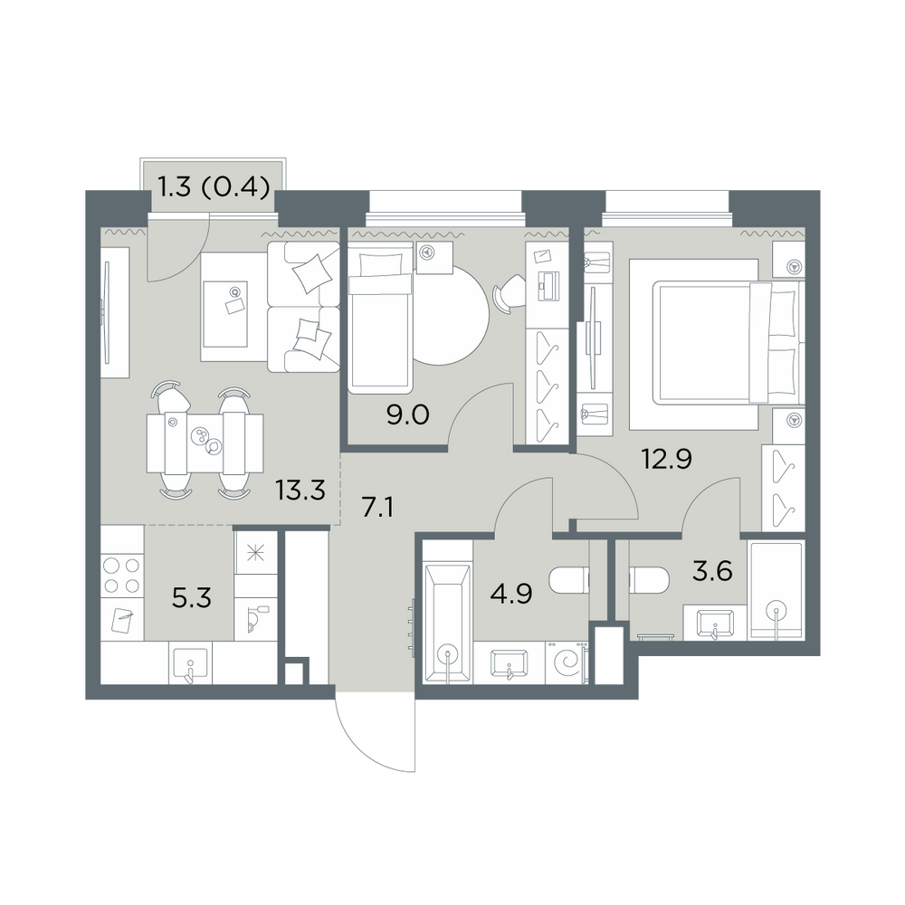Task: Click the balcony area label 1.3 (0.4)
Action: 214,187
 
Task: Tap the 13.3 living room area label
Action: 300,491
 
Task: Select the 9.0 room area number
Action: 408,414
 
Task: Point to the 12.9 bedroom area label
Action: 667,460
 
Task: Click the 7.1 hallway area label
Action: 377,508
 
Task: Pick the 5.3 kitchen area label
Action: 192,598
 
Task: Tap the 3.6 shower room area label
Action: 713,571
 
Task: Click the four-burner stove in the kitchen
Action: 122,575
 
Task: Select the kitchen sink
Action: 190,663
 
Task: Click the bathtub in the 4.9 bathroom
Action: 448,624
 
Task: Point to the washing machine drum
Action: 567,662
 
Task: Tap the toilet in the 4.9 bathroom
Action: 568,581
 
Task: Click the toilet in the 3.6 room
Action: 649,579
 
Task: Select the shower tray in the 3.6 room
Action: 776,590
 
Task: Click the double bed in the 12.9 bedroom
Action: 729,342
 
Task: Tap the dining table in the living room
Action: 205,442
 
